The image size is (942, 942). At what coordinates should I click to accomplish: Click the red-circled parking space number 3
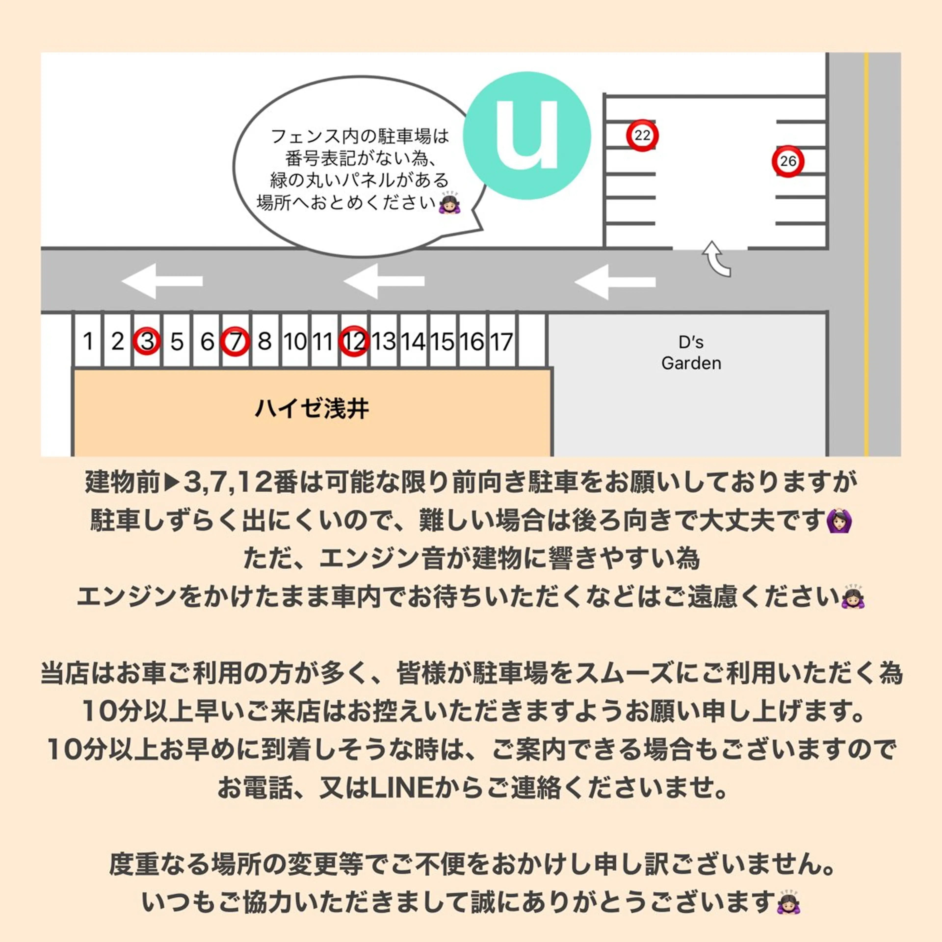(147, 341)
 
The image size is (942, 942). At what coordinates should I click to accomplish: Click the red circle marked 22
(642, 135)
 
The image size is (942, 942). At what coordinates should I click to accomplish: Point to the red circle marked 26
(788, 161)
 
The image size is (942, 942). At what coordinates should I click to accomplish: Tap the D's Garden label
(691, 353)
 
